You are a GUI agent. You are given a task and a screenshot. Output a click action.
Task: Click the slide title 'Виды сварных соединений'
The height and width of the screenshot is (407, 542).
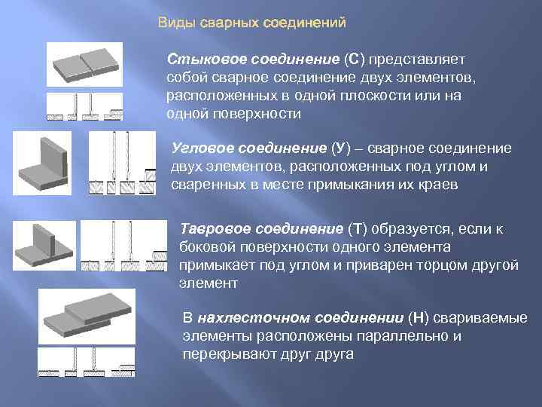(x=251, y=23)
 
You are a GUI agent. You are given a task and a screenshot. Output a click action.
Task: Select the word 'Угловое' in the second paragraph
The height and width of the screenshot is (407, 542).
(x=197, y=148)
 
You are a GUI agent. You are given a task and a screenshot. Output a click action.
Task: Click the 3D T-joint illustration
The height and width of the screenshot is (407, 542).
(x=53, y=246)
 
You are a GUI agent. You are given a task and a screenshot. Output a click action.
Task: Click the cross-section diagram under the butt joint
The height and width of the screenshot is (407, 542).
(x=84, y=106)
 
